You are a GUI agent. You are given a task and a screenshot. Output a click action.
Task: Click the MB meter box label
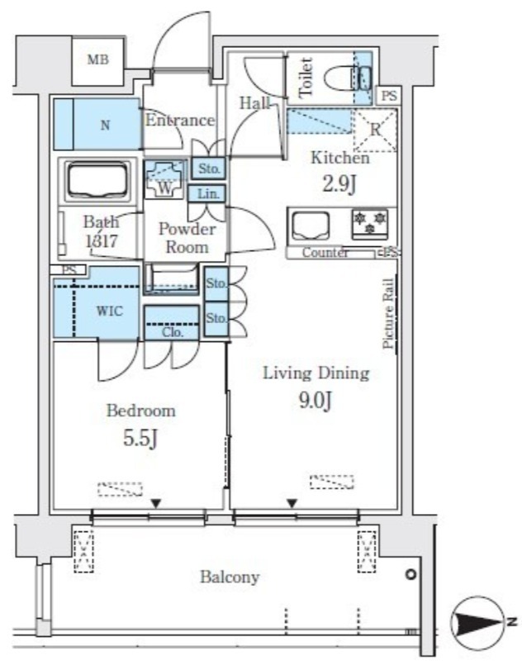pos(98,59)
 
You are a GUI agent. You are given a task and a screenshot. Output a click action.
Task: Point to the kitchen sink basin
pos(311,226)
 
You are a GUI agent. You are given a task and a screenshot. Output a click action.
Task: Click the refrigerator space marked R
pos(375,130)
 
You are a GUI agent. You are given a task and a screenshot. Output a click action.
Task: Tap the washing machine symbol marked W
pos(165,179)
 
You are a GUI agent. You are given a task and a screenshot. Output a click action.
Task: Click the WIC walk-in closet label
pos(110,311)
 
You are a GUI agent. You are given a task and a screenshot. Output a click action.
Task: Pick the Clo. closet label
pos(173,333)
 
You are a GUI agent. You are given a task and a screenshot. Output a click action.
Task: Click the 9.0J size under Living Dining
pos(316,401)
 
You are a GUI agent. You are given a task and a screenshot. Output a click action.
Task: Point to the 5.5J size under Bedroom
pos(140,439)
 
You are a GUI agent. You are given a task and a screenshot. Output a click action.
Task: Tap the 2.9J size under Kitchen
pos(339,183)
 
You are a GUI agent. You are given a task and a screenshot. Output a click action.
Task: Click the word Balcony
pos(230,577)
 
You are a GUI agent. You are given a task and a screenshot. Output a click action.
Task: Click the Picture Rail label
pos(388,314)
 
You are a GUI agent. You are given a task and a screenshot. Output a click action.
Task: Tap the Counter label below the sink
pos(325,253)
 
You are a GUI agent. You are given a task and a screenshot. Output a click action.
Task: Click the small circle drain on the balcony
pos(411,574)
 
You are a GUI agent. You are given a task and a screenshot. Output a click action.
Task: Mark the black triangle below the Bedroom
pos(157,503)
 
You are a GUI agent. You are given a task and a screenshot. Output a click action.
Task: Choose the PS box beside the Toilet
pos(389,96)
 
